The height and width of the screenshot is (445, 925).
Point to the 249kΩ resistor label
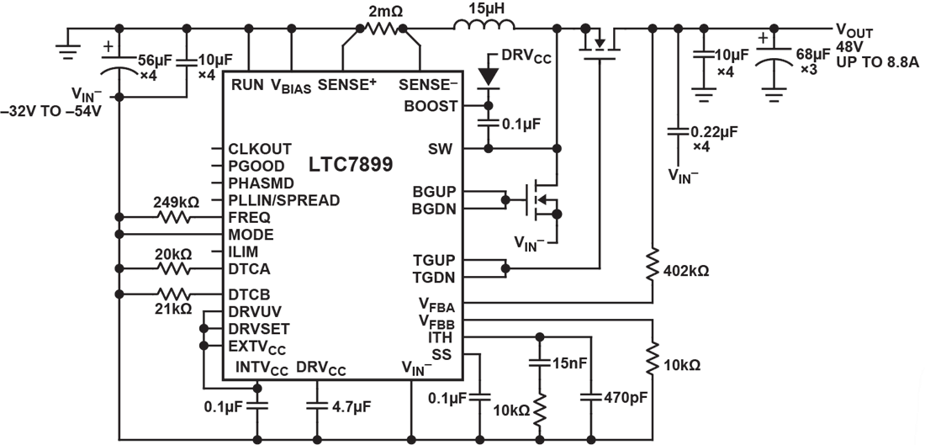[x=175, y=202]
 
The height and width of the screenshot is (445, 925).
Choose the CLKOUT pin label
[x=260, y=149]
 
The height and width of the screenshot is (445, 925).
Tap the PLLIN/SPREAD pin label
[x=283, y=200]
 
